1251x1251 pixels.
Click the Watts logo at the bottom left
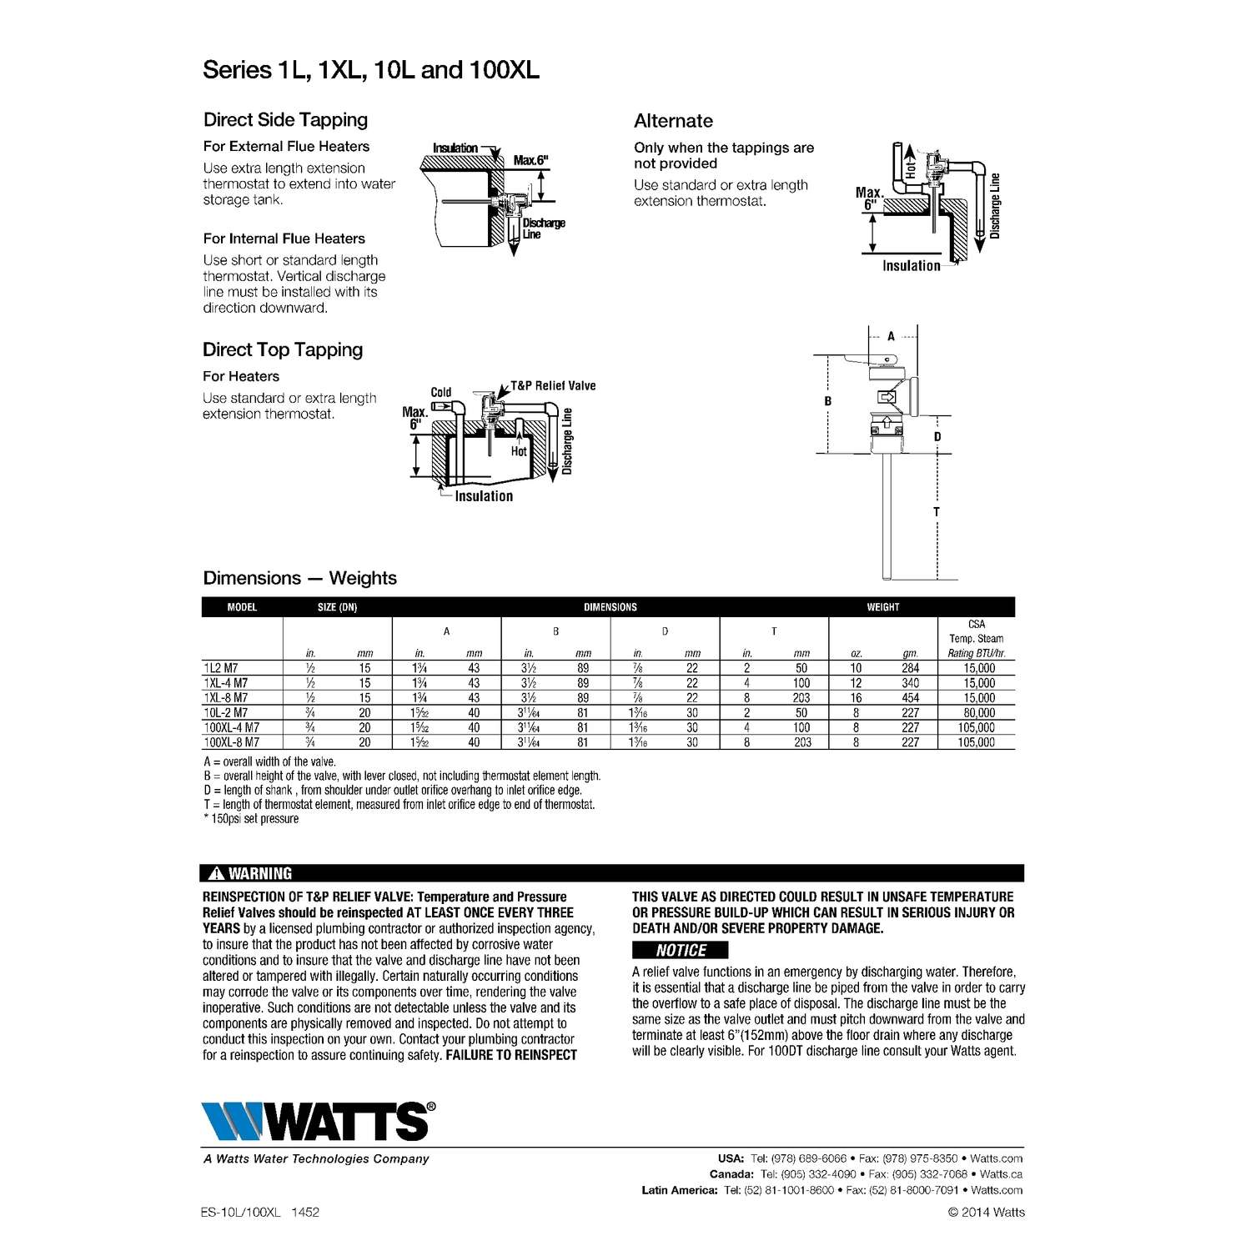(318, 1120)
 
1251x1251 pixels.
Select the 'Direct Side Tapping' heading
(285, 120)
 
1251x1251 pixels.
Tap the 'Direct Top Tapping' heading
(283, 350)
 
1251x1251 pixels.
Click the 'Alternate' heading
(673, 122)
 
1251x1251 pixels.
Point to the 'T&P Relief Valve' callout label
(553, 386)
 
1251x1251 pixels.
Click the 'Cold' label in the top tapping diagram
(441, 392)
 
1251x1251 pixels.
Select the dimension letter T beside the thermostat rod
(937, 512)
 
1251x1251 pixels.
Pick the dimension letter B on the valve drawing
(828, 401)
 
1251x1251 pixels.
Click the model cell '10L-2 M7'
(226, 712)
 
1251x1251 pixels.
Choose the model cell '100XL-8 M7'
(232, 742)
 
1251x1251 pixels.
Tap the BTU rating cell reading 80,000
(979, 712)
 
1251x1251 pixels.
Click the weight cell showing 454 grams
(910, 698)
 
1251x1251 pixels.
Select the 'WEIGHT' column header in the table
(883, 607)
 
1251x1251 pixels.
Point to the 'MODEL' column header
(242, 607)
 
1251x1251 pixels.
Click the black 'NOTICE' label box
(680, 950)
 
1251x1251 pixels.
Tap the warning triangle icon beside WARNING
(215, 873)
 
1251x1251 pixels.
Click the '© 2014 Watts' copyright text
(986, 1212)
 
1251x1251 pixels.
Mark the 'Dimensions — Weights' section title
(299, 578)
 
